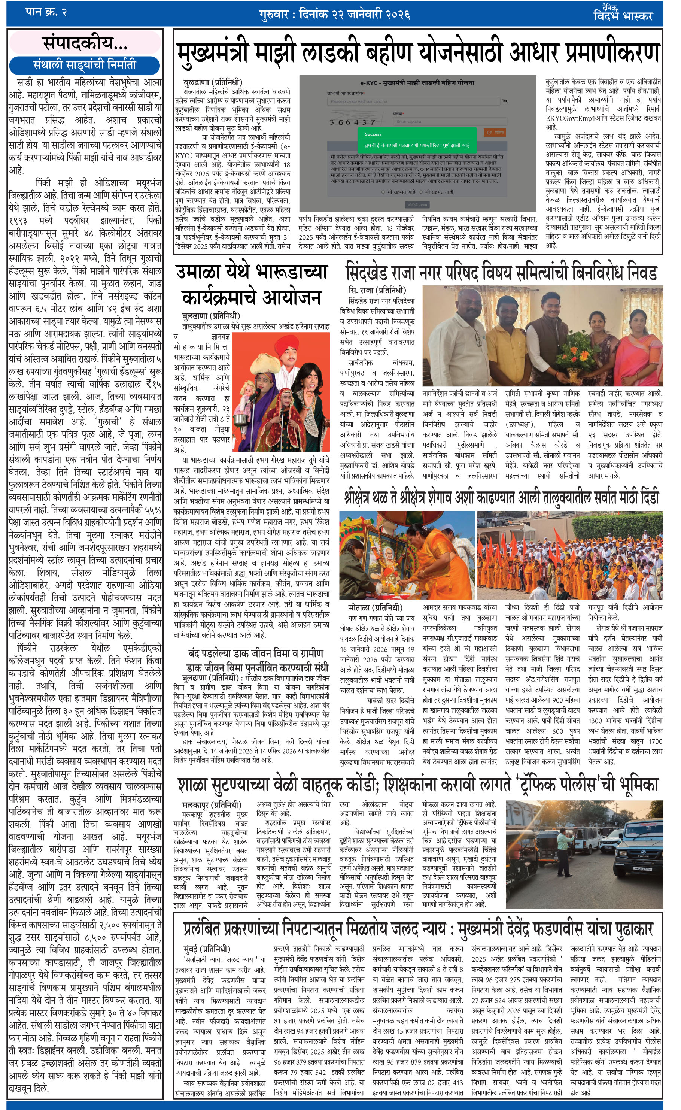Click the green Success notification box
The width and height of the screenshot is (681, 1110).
(417, 139)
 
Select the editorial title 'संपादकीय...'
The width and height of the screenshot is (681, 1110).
(85, 43)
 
